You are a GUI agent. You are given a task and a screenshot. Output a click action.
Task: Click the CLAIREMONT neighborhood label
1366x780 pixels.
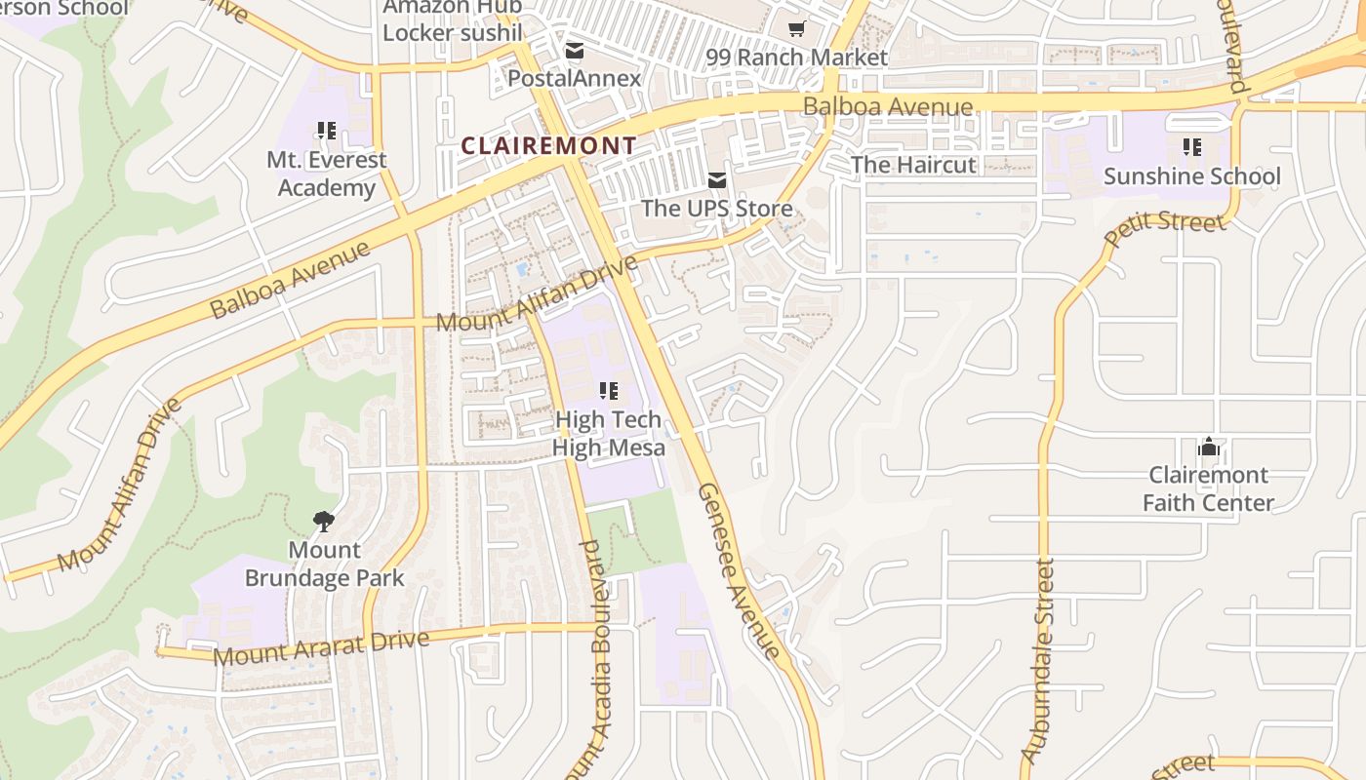tap(548, 146)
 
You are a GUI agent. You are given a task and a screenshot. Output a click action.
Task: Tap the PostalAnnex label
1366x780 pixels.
tap(575, 78)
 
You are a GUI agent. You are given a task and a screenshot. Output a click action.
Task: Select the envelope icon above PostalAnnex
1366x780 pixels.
tap(575, 51)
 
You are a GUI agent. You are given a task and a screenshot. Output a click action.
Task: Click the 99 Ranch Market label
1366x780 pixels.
tap(796, 58)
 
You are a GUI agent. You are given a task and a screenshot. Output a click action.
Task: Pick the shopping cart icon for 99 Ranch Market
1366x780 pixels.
tap(797, 29)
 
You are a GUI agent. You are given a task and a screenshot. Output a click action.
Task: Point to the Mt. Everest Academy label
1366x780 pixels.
tap(327, 174)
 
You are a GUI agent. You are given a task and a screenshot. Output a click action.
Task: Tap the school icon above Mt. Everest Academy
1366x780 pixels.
tap(327, 130)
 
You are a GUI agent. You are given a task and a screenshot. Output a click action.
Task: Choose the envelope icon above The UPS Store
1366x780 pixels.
tap(717, 179)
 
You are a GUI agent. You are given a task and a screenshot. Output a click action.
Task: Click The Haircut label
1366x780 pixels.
tap(913, 165)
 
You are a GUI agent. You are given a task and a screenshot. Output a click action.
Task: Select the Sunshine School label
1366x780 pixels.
tap(1191, 176)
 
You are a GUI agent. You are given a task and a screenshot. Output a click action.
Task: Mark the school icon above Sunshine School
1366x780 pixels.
tap(1191, 147)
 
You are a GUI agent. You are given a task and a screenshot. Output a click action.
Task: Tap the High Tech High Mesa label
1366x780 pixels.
tap(609, 434)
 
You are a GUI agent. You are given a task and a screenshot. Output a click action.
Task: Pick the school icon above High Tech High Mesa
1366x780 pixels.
tap(609, 391)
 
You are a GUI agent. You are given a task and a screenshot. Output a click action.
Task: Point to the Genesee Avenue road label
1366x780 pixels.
tap(739, 571)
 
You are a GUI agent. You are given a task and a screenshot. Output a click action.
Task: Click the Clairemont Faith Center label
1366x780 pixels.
tap(1208, 488)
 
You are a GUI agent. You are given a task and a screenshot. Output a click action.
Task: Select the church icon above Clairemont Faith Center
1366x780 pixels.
tap(1209, 448)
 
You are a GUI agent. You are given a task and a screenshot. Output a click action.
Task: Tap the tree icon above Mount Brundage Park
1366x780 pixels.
tap(323, 522)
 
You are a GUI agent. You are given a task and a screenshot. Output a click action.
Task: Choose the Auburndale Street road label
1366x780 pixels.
tap(1038, 661)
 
